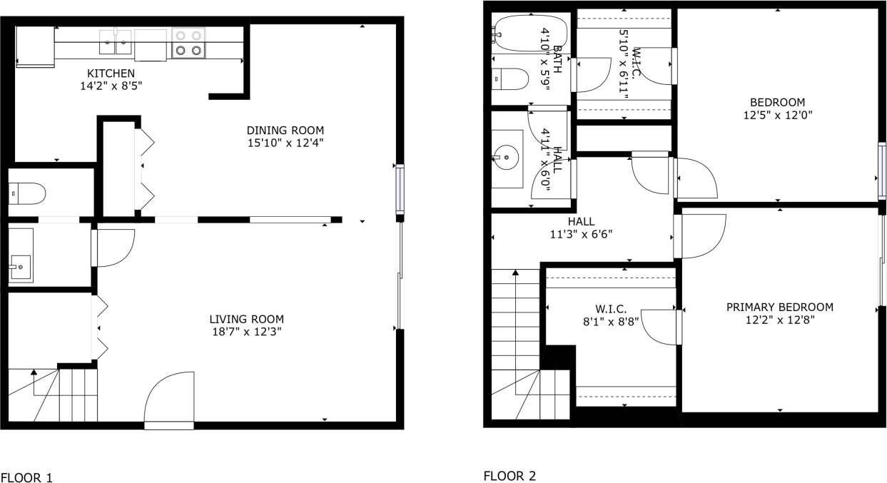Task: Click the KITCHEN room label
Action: [x=110, y=73]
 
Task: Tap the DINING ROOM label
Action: [x=285, y=131]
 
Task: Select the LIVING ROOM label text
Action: [x=246, y=319]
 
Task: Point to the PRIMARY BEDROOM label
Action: [x=779, y=307]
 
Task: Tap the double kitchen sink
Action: [x=116, y=42]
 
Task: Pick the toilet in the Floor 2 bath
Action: [x=510, y=78]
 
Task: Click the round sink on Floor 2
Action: [x=507, y=154]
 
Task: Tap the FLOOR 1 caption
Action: [x=26, y=477]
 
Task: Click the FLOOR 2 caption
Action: [x=510, y=476]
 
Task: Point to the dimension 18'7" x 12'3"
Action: [x=246, y=331]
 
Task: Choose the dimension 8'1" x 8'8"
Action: [x=610, y=321]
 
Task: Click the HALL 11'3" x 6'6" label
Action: [x=581, y=228]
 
